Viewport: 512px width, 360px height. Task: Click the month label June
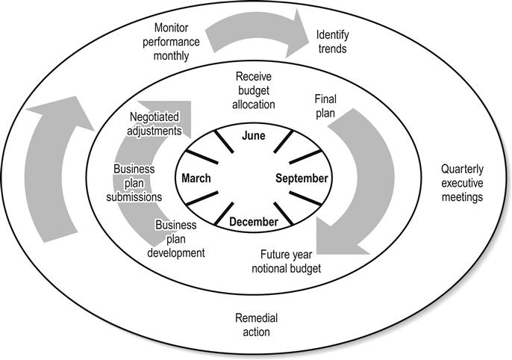[x=254, y=135]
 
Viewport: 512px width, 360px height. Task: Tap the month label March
[x=196, y=179]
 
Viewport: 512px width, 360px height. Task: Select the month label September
[x=301, y=179]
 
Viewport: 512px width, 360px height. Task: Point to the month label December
[x=254, y=222]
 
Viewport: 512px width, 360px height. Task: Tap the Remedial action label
[x=252, y=325]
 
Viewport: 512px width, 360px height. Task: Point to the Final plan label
[x=325, y=106]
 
